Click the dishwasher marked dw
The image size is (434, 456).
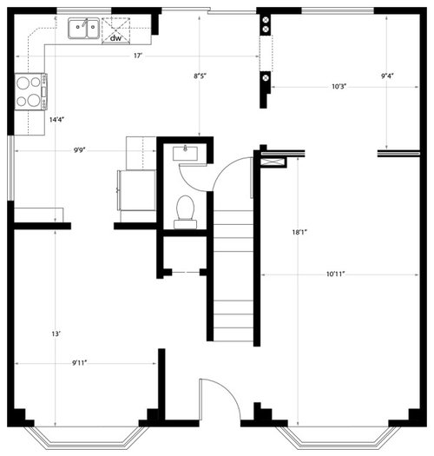[115, 30]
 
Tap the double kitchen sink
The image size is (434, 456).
[83, 28]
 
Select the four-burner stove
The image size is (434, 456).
[30, 91]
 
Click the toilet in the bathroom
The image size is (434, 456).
[185, 212]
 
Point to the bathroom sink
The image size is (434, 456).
[185, 153]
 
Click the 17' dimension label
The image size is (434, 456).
[138, 56]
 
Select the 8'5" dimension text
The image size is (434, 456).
[200, 76]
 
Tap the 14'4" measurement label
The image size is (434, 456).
[56, 120]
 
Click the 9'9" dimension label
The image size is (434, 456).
[79, 150]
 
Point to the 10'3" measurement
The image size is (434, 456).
[339, 86]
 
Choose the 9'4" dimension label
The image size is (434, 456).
[387, 76]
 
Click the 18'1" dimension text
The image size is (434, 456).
[299, 232]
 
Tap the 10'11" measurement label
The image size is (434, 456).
[335, 274]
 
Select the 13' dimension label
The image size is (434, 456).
[56, 334]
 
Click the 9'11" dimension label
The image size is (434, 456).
[79, 363]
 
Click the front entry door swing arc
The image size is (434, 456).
[230, 390]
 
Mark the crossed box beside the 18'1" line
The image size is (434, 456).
[273, 162]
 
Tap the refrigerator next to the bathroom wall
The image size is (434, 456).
[136, 190]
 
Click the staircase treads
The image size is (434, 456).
[233, 275]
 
